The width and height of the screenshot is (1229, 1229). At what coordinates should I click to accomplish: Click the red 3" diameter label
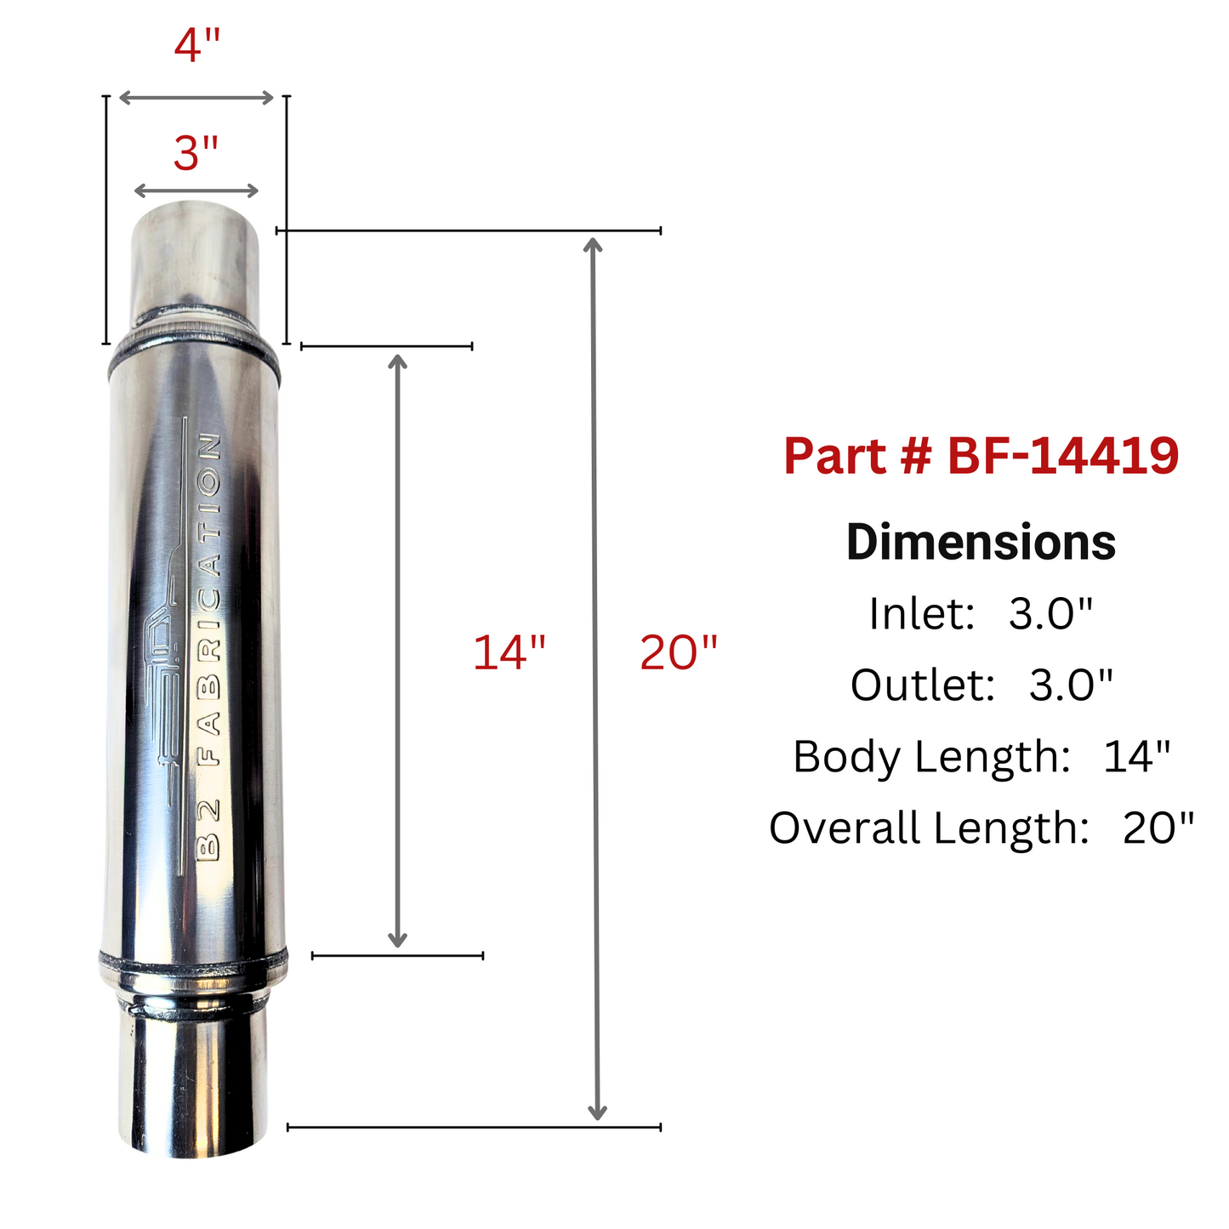[x=196, y=154]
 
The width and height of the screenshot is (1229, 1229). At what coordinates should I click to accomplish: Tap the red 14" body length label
[x=509, y=653]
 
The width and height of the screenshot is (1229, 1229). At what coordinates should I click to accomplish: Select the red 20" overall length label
[x=679, y=653]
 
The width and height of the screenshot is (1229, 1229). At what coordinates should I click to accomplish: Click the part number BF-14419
[x=1063, y=456]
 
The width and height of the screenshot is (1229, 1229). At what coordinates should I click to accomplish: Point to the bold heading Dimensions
[x=981, y=543]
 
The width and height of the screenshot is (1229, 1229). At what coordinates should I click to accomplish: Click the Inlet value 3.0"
[x=1050, y=613]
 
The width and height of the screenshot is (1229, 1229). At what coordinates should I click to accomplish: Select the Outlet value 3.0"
[x=1071, y=685]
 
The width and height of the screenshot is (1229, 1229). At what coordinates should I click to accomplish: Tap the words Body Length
[x=930, y=756]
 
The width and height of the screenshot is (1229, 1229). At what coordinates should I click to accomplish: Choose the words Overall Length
[x=929, y=828]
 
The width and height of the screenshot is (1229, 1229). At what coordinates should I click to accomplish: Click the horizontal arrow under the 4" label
[x=196, y=98]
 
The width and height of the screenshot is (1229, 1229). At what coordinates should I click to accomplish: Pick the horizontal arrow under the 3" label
[x=196, y=191]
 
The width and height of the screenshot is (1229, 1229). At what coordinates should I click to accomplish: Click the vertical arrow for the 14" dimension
[x=397, y=651]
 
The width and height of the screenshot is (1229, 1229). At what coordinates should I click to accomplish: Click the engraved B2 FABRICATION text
[x=209, y=646]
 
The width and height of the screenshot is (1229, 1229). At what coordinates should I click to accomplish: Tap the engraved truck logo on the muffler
[x=167, y=672]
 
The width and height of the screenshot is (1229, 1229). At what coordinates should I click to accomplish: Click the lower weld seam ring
[x=194, y=965]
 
